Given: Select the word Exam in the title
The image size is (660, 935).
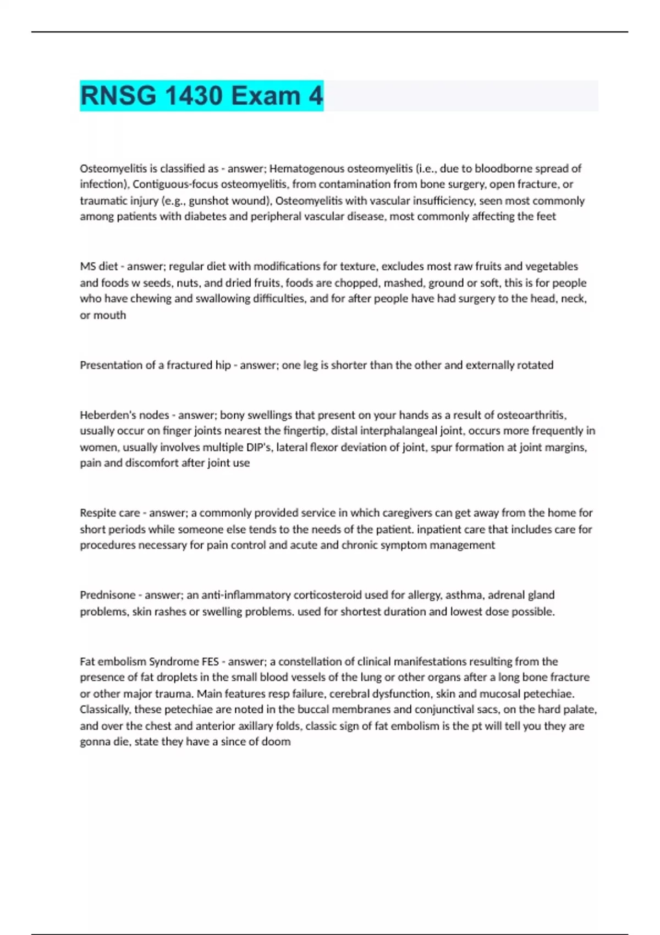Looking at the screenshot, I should click(266, 96).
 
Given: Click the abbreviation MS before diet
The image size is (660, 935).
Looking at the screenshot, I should click(87, 267).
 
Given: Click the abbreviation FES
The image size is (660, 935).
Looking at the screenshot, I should click(211, 662).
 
